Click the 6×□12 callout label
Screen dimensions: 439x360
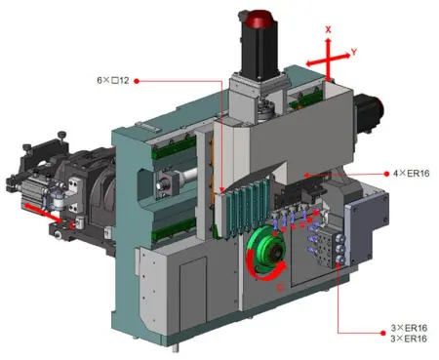[x=113, y=80]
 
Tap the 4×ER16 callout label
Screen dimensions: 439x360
[x=411, y=174]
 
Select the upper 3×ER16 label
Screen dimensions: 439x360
[x=409, y=328]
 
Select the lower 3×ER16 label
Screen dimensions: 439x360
[x=409, y=339]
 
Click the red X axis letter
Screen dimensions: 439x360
[x=328, y=30]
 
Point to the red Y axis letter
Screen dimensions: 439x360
[x=354, y=52]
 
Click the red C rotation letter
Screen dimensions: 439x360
[x=280, y=287]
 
